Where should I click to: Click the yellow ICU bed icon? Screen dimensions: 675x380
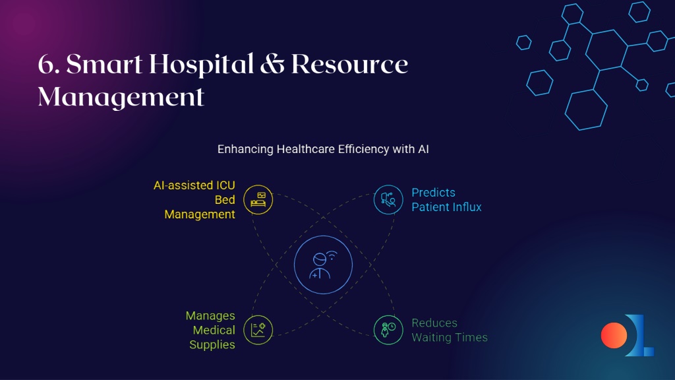pos(258,200)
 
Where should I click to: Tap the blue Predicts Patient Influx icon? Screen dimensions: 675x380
pos(388,200)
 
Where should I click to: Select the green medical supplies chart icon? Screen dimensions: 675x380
pos(258,330)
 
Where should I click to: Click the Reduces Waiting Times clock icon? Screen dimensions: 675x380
pos(388,330)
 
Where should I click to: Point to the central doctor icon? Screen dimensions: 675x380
pos(323,265)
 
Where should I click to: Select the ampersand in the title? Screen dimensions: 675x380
pos(272,65)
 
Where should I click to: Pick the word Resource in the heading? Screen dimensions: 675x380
pos(349,65)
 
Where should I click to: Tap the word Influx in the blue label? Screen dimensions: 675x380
pos(467,206)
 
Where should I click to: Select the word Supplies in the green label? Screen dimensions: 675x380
pos(212,345)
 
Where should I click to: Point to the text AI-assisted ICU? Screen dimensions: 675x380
pos(194,185)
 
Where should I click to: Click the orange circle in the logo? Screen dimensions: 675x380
pos(614,335)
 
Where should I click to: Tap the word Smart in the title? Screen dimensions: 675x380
pos(104,65)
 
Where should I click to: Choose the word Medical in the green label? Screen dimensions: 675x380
pos(214,330)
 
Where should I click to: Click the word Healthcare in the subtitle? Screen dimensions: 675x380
pos(306,149)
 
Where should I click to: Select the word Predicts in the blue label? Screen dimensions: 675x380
pos(434,192)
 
